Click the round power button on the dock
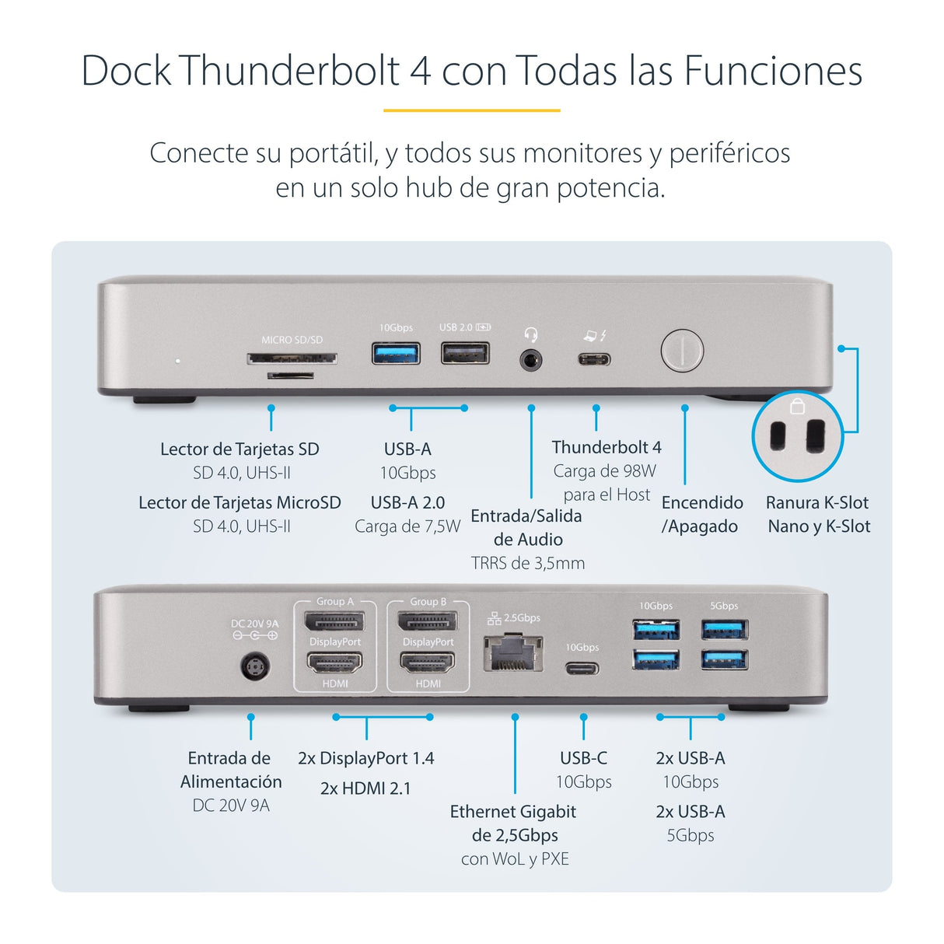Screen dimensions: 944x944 click(x=682, y=351)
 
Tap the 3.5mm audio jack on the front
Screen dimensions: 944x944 click(x=531, y=360)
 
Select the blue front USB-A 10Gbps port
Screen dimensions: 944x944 click(x=396, y=353)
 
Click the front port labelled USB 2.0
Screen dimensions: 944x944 click(x=465, y=353)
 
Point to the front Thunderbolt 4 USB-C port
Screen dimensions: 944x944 click(x=594, y=359)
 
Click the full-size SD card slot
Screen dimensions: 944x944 click(x=292, y=358)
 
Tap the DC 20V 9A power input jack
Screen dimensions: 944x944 click(x=254, y=667)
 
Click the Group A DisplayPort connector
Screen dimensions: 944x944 click(x=334, y=621)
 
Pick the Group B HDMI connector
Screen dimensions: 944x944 click(x=428, y=663)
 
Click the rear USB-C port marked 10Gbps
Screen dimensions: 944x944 click(x=582, y=668)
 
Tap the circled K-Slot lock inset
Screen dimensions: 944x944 click(x=797, y=435)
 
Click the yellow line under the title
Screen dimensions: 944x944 click(x=471, y=110)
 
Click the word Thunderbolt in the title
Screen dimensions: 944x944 click(x=292, y=70)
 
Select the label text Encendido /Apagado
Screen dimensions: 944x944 click(x=701, y=514)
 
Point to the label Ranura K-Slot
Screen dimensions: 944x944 click(x=817, y=502)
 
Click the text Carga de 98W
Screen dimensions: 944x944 click(x=604, y=471)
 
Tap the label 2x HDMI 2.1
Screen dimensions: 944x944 click(x=365, y=788)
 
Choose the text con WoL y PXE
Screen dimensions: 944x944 click(x=515, y=859)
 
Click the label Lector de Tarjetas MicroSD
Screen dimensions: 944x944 click(x=239, y=502)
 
